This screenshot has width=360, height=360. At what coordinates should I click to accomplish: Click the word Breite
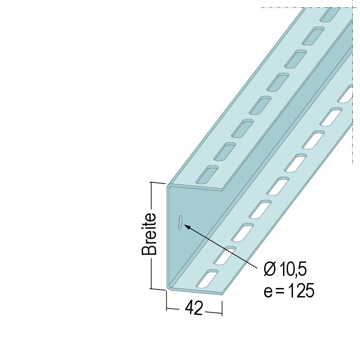[x=149, y=234]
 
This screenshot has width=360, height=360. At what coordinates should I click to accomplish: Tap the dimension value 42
[x=194, y=308]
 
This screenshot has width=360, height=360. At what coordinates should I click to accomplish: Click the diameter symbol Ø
[x=270, y=269]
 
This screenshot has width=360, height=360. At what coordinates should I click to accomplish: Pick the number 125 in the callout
[x=301, y=290]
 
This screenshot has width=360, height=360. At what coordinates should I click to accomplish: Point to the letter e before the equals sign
[x=268, y=292]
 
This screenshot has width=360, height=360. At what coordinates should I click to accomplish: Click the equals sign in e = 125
[x=279, y=291]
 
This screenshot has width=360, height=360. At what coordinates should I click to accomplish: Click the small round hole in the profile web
[x=180, y=222]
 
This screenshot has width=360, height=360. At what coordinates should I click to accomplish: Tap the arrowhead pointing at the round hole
[x=188, y=227]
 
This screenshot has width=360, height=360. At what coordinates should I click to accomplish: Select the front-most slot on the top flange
[x=207, y=175]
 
